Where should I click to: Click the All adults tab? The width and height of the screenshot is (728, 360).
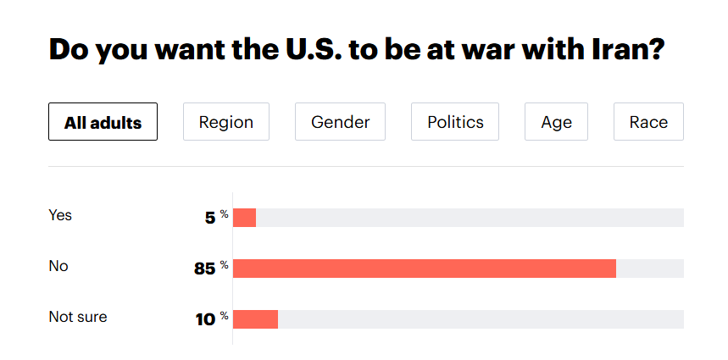pyautogui.click(x=103, y=122)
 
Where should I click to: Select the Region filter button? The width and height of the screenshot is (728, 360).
pyautogui.click(x=226, y=122)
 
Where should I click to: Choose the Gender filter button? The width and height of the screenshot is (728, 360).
pyautogui.click(x=340, y=122)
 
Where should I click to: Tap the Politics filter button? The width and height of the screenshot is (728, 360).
pyautogui.click(x=455, y=122)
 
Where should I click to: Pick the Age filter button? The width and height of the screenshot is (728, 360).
pyautogui.click(x=556, y=122)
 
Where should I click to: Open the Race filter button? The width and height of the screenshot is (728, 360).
pyautogui.click(x=648, y=122)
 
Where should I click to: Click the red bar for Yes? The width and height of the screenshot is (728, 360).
pyautogui.click(x=244, y=218)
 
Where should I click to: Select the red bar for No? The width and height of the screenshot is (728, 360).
pyautogui.click(x=424, y=269)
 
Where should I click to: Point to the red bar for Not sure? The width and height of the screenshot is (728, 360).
pyautogui.click(x=255, y=319)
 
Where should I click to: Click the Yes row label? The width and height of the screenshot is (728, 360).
pyautogui.click(x=60, y=215)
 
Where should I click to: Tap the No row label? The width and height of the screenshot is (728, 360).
pyautogui.click(x=58, y=266)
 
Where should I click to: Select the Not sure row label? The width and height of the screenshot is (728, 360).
pyautogui.click(x=78, y=317)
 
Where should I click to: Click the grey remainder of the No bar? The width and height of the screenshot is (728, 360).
pyautogui.click(x=649, y=269)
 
